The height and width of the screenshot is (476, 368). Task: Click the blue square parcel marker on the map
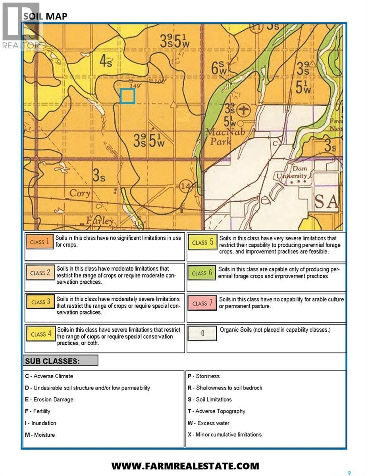[127, 96]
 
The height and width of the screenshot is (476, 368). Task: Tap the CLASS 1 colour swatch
[39, 242]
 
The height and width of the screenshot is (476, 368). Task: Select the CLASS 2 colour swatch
[40, 273]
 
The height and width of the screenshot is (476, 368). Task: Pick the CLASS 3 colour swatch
[40, 302]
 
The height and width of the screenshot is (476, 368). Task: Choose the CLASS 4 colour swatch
[40, 334]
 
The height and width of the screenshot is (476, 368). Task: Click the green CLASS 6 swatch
[202, 273]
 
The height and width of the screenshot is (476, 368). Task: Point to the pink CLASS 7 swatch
[202, 303]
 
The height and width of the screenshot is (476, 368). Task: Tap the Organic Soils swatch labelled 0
[202, 334]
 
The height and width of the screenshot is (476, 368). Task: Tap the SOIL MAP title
[45, 16]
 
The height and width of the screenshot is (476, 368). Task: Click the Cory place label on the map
[80, 193]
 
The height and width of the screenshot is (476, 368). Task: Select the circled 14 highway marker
[185, 185]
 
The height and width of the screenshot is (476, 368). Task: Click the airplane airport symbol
[243, 109]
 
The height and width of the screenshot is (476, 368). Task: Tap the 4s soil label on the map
[105, 62]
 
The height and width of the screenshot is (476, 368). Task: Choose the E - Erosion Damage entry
[49, 399]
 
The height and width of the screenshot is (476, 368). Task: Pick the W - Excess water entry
[208, 423]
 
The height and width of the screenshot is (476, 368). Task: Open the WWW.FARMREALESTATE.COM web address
[185, 466]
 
